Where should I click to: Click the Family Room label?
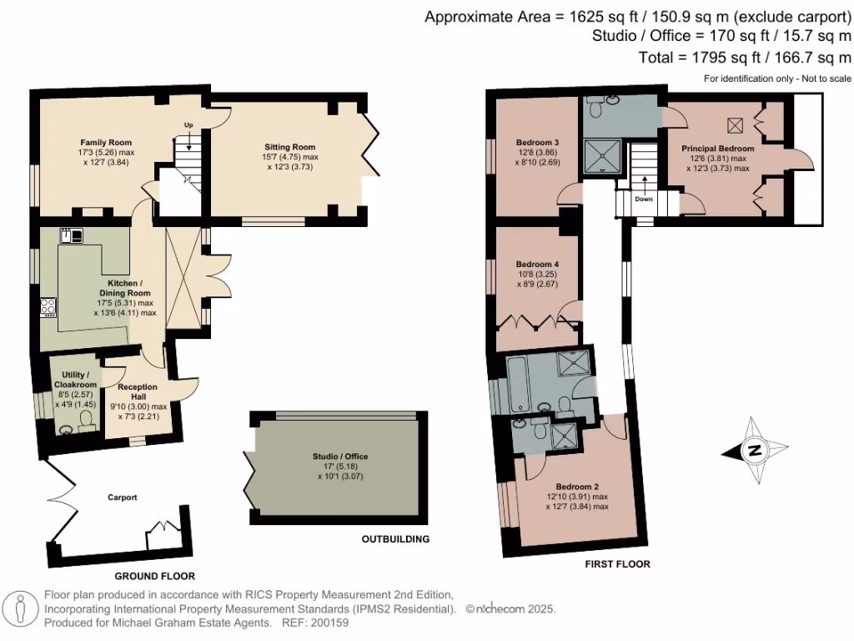(106, 143)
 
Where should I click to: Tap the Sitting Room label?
(286, 147)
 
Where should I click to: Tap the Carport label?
(122, 497)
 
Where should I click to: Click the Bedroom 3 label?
(536, 143)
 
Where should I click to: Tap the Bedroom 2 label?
(576, 486)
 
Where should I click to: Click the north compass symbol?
(754, 451)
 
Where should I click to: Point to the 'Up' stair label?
(188, 125)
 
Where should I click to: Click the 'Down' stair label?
(643, 199)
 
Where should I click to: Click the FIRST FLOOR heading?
(617, 564)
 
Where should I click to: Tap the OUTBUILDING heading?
(395, 539)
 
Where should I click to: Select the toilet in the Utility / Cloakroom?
(85, 418)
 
